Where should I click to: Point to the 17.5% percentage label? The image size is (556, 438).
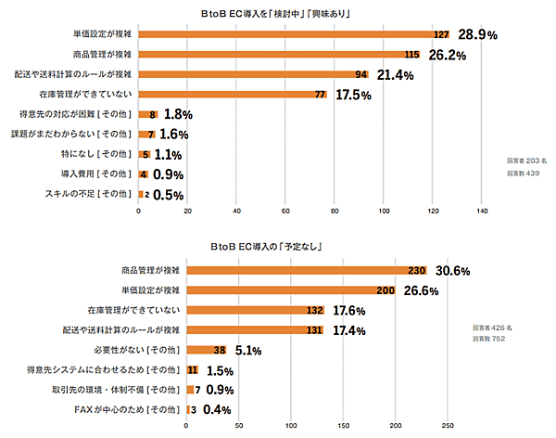coord(354,95)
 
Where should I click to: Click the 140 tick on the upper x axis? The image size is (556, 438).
coord(482,211)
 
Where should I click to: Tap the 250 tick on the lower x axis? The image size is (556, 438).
coord(448,427)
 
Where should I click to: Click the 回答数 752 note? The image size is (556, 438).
coord(491,339)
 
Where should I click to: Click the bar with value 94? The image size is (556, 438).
coord(254,74)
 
